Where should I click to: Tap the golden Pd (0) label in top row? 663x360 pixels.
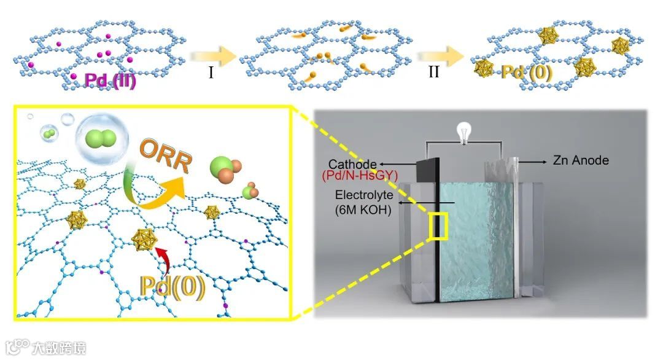tap(527, 72)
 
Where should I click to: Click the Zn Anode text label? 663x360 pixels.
tap(580, 160)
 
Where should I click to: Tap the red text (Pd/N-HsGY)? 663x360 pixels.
tap(358, 177)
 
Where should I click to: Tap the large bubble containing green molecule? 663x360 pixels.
tap(99, 141)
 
